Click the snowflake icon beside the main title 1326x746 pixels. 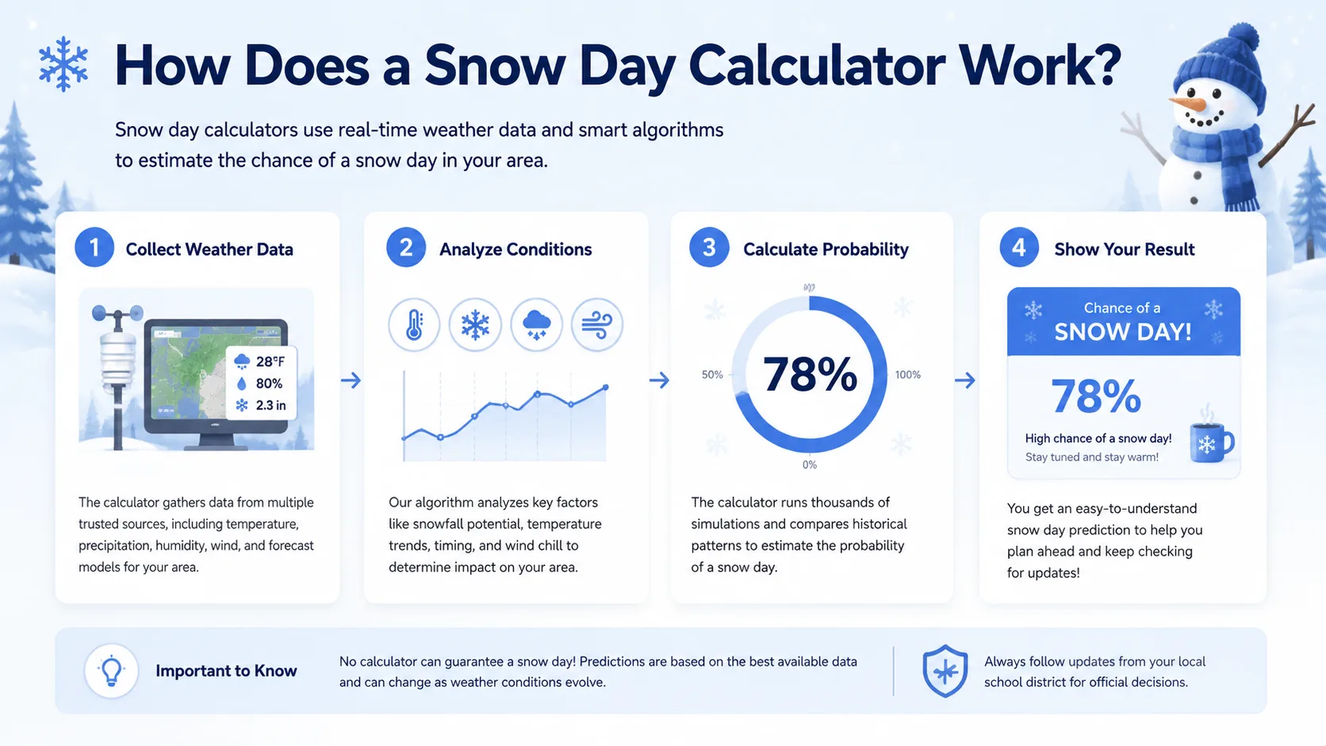(x=63, y=64)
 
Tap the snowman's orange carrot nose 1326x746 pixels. (x=1187, y=104)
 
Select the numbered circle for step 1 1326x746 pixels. (x=94, y=247)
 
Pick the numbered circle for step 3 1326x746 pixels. (x=708, y=247)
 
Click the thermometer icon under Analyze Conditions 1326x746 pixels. (x=414, y=325)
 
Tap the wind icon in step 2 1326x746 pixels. (x=596, y=325)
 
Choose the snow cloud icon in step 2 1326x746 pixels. (x=536, y=325)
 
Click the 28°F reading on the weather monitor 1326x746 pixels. (x=270, y=362)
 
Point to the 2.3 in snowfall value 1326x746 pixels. (x=270, y=405)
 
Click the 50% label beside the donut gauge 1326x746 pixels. (x=712, y=374)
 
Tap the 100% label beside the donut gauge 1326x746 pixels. (x=907, y=374)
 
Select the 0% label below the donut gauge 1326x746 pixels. (x=809, y=465)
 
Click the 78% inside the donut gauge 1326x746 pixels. (x=810, y=374)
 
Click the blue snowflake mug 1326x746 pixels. (x=1211, y=442)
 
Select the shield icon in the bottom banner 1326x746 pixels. (x=945, y=671)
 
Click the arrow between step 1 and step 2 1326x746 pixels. (x=351, y=380)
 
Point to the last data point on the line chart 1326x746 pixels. (x=606, y=388)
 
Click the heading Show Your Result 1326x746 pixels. (x=1124, y=249)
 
